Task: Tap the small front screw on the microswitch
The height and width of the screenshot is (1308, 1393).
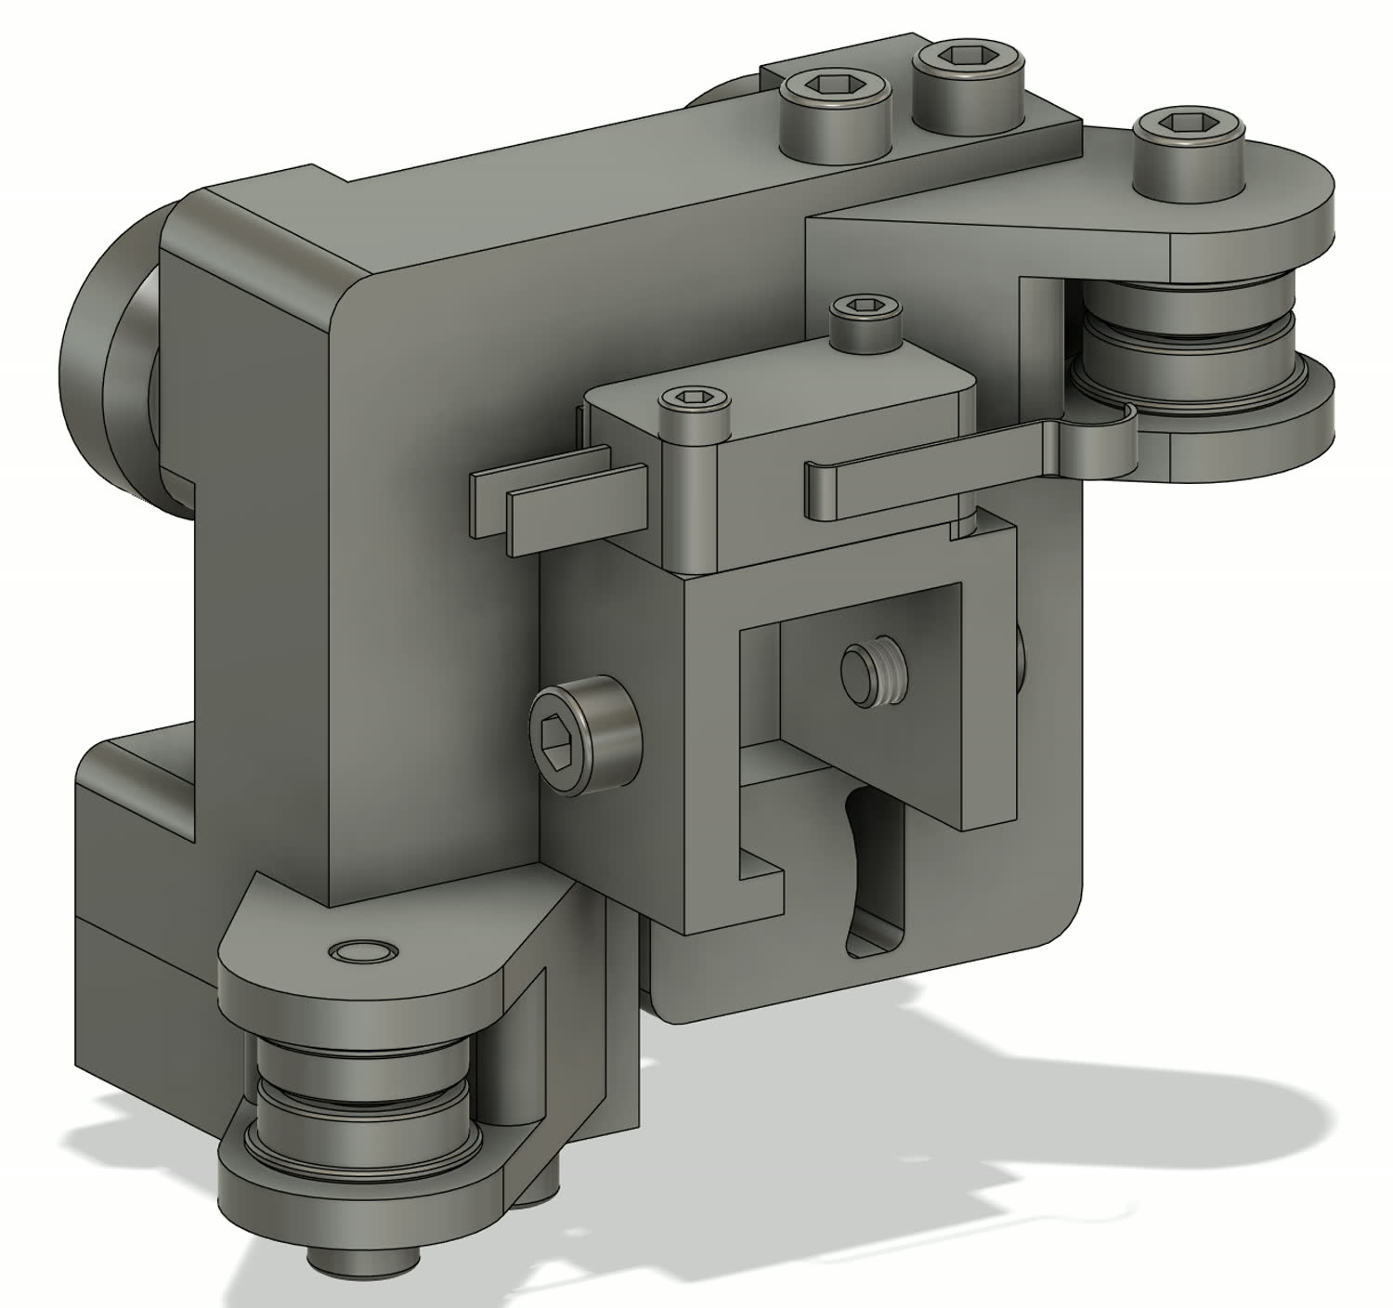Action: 695,399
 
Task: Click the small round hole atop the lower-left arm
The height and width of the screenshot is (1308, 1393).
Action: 364,952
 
